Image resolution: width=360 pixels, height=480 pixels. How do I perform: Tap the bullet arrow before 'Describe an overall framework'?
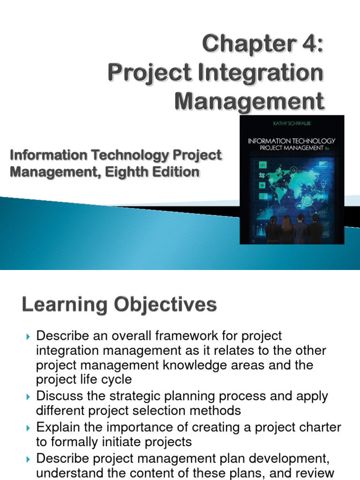coord(27,336)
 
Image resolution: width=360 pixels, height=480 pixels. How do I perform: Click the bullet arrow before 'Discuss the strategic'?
coord(27,397)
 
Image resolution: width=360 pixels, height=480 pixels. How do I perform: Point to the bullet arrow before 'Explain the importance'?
coord(27,427)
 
